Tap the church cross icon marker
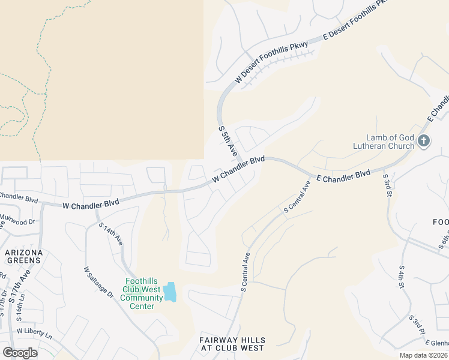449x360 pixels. tap(424, 142)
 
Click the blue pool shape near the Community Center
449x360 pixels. tap(170, 292)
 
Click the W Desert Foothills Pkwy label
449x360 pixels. tap(271, 62)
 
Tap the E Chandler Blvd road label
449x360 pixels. tap(343, 175)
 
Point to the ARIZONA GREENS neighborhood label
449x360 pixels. tap(24, 257)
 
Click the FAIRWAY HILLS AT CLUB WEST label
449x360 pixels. tap(232, 344)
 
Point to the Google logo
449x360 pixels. tap(20, 353)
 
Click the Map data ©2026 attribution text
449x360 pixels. tap(423, 355)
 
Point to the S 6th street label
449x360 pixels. tap(444, 240)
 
